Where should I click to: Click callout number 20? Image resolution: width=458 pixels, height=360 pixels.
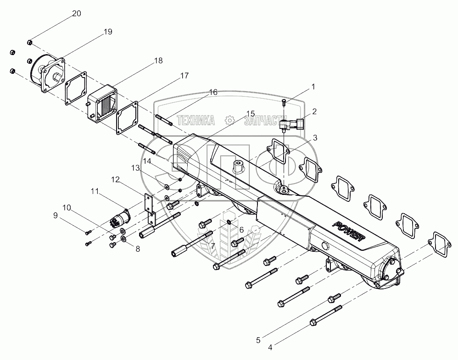tap(76, 13)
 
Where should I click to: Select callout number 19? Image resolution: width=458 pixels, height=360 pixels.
tap(107, 32)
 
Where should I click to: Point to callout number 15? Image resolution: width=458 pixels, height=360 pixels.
tap(250, 113)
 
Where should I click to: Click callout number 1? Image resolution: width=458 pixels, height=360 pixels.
tap(313, 86)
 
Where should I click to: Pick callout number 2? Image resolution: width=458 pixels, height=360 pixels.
tap(315, 111)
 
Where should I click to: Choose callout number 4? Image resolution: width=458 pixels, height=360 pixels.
tap(270, 348)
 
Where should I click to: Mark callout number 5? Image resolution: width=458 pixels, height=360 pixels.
tap(258, 340)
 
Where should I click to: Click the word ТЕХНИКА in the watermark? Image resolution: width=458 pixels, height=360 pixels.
tap(196, 120)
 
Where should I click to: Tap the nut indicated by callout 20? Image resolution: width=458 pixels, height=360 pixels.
tap(29, 43)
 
